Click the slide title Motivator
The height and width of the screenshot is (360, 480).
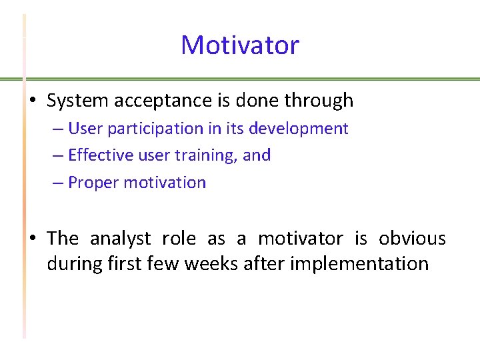coord(240,45)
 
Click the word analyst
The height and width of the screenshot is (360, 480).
coord(118,239)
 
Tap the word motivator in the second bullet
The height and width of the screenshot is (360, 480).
coord(300,239)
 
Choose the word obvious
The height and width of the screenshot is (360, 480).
coord(412,239)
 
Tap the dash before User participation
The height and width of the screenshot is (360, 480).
coord(57,129)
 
